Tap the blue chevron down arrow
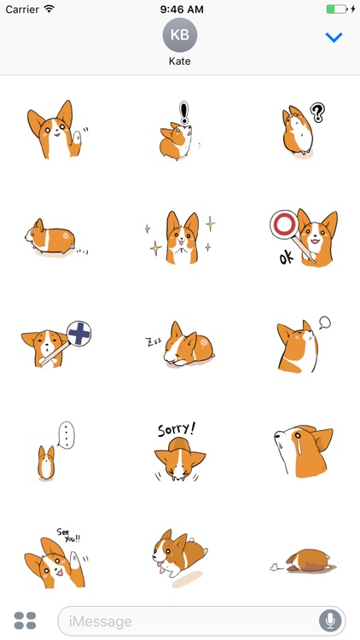pyautogui.click(x=334, y=38)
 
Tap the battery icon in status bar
pyautogui.click(x=337, y=9)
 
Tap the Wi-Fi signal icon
pyautogui.click(x=49, y=9)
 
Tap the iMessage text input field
pyautogui.click(x=188, y=620)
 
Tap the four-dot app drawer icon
pyautogui.click(x=25, y=620)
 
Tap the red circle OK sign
pyautogui.click(x=282, y=225)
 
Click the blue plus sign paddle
pyautogui.click(x=78, y=334)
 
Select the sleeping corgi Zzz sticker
pyautogui.click(x=179, y=343)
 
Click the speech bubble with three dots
pyautogui.click(x=67, y=435)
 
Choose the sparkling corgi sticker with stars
pyautogui.click(x=179, y=236)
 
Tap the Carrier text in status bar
pyautogui.click(x=21, y=9)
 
